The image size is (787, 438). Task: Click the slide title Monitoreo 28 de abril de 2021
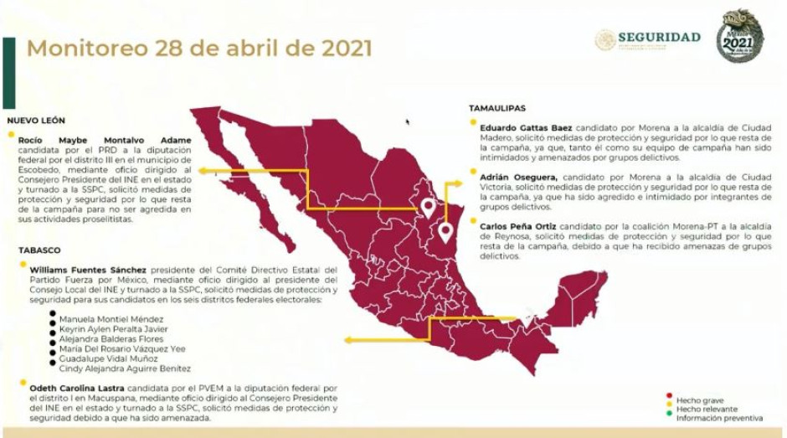[x=199, y=48]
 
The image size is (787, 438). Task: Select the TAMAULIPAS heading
[x=497, y=108]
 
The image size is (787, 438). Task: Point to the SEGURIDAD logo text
[x=659, y=37]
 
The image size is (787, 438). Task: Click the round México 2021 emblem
[x=739, y=36]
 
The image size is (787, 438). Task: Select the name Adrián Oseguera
[x=520, y=178]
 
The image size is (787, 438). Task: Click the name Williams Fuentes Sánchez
[x=87, y=270]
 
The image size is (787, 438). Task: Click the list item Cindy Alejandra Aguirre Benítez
[x=125, y=368]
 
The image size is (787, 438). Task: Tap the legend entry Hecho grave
[x=701, y=400]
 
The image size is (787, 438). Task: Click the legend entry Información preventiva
[x=719, y=417]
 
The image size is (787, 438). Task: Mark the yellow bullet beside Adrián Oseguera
[x=474, y=178]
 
